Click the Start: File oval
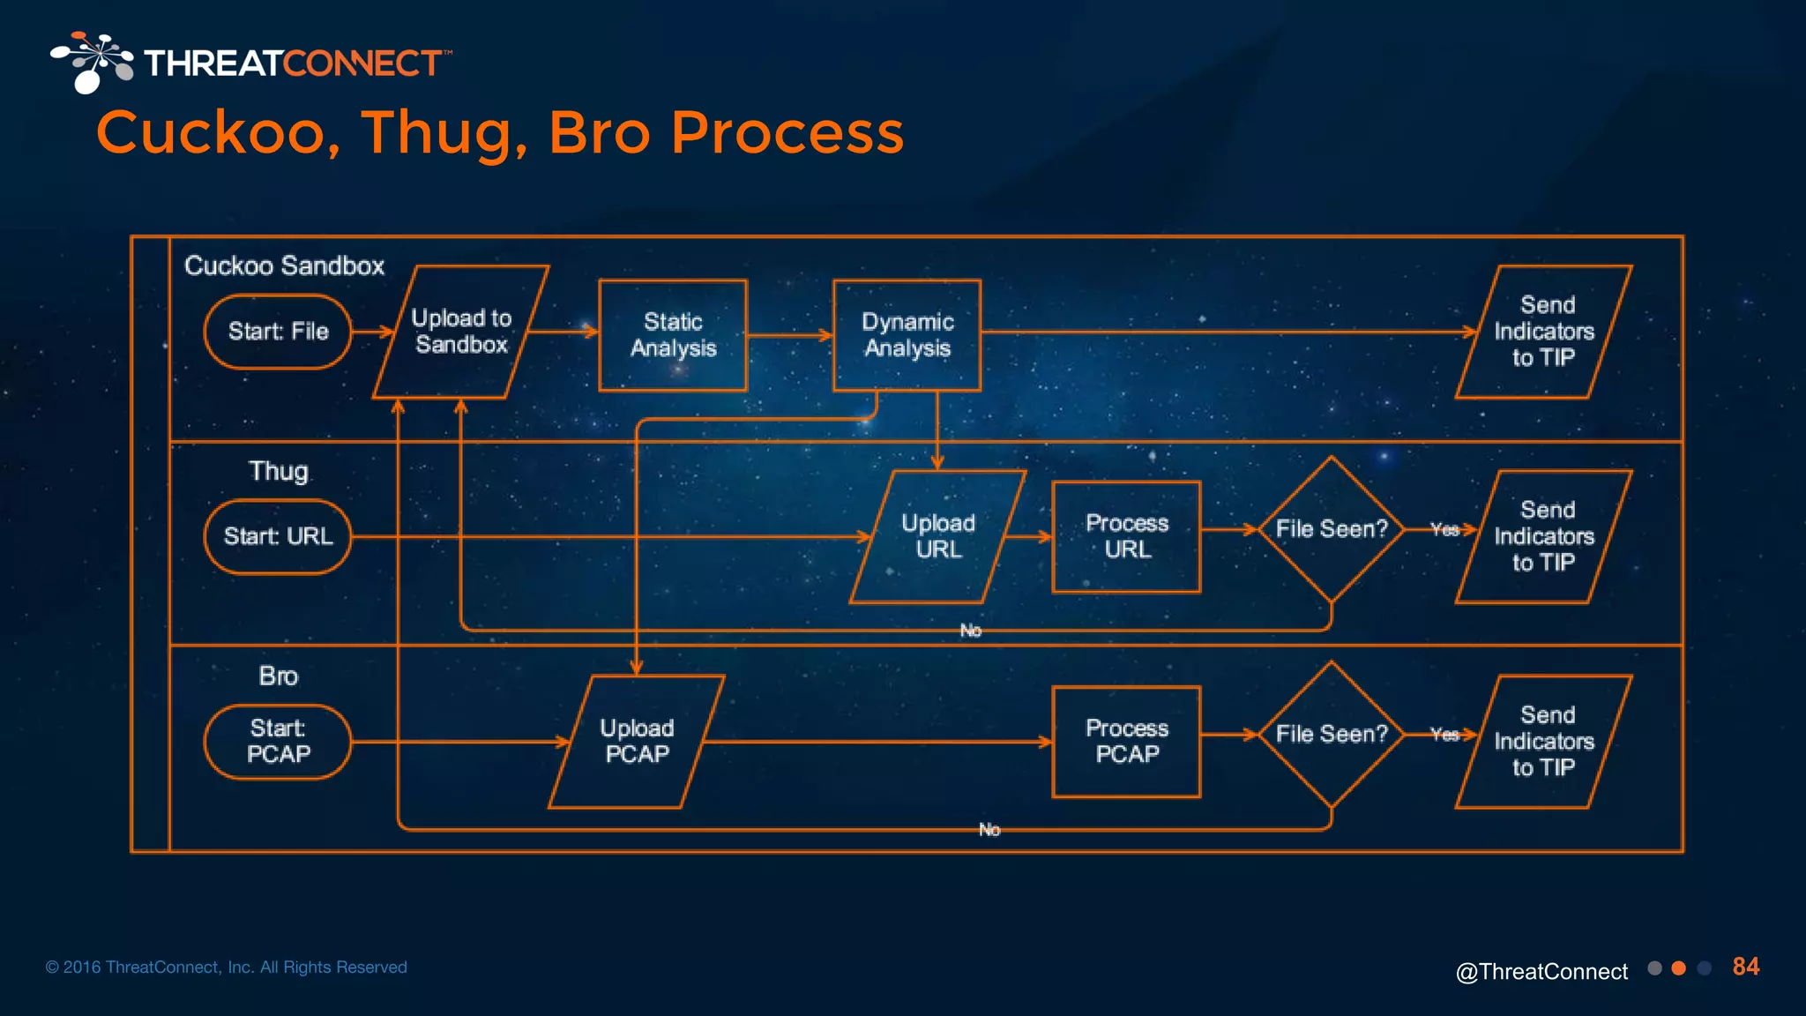pos(278,332)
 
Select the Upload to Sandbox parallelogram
pos(461,332)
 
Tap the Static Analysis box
pos(673,335)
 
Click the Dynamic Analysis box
pos(907,335)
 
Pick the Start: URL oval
pos(278,536)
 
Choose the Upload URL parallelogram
pos(938,536)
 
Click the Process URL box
pos(1127,536)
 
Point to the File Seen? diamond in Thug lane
pos(1332,529)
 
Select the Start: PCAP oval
pos(278,741)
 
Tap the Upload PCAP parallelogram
pos(637,741)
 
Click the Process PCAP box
pos(1127,741)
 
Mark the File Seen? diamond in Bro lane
pos(1332,734)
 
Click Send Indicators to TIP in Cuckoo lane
pos(1544,332)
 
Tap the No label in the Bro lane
pos(989,830)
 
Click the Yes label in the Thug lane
pos(1444,529)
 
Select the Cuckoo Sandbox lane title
pos(284,265)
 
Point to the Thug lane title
pos(278,471)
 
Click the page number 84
pos(1745,967)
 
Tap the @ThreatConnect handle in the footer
pos(1541,971)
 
